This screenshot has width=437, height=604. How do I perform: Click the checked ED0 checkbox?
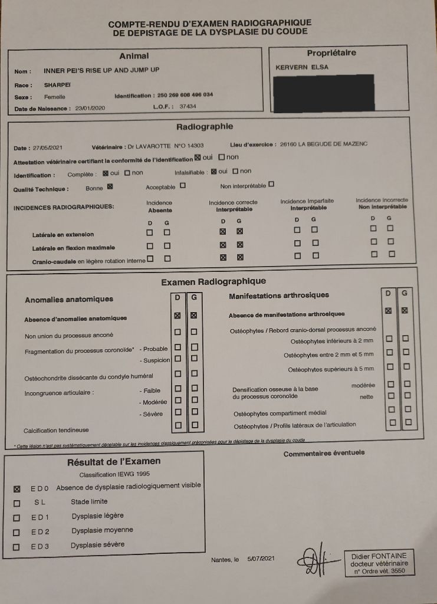coord(17,488)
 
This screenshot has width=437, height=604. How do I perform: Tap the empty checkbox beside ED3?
coord(17,547)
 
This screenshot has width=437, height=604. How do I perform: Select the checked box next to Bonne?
coord(110,188)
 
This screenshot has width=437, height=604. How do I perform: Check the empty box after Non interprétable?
coord(271,184)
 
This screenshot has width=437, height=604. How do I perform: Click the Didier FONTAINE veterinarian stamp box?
coord(379,563)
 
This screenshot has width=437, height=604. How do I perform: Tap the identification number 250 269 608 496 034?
coord(185,95)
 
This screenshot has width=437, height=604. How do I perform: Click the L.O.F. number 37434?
coord(188,107)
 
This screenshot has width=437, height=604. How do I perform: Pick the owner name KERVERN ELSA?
coord(302,67)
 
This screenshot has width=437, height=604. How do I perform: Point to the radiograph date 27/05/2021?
coord(48,147)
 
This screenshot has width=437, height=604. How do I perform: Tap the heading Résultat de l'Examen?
coord(114,461)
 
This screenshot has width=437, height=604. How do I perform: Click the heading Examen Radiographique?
coord(213,281)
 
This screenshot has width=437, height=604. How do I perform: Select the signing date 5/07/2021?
coord(261,558)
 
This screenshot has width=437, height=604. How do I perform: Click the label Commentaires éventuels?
coord(324,453)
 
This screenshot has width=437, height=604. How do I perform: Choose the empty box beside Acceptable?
coord(183,185)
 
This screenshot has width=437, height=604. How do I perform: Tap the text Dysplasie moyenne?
coord(103,530)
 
